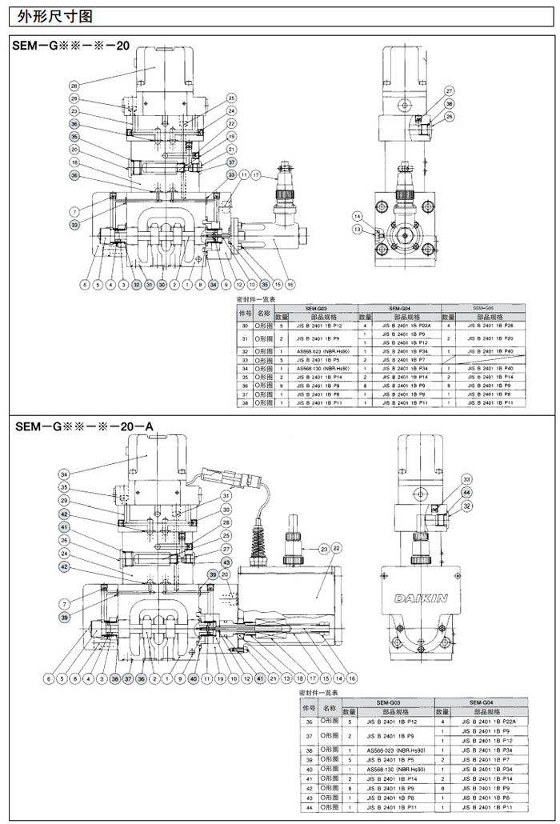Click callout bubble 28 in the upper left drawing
(x=74, y=86)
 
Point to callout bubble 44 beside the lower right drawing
(x=466, y=492)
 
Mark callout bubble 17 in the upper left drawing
(x=256, y=174)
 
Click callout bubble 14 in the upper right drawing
(x=358, y=217)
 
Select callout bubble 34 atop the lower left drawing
(x=65, y=474)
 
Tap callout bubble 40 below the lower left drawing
(x=192, y=678)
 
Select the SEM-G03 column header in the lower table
(x=386, y=702)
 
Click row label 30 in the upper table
(x=246, y=326)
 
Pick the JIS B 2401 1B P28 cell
(x=490, y=326)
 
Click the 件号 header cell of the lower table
(x=308, y=707)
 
